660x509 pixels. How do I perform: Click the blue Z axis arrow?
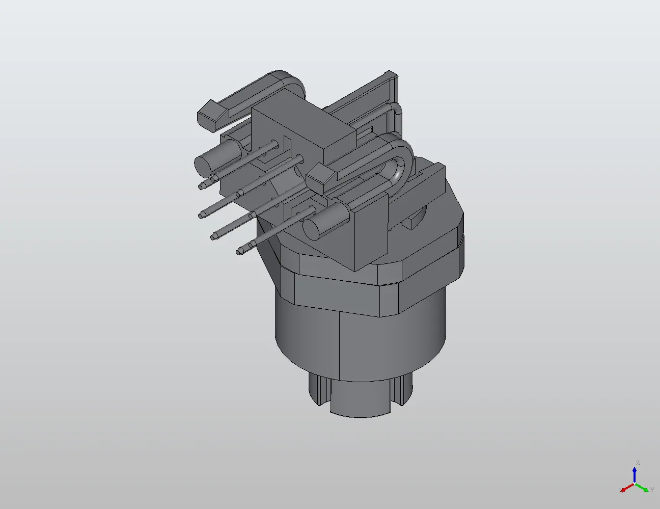click(x=635, y=474)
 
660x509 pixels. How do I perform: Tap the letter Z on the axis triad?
click(x=637, y=463)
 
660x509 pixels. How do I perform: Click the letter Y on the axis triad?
click(x=652, y=490)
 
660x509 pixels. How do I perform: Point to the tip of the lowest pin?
click(x=239, y=251)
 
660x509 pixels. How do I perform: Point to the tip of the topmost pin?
click(x=202, y=186)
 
